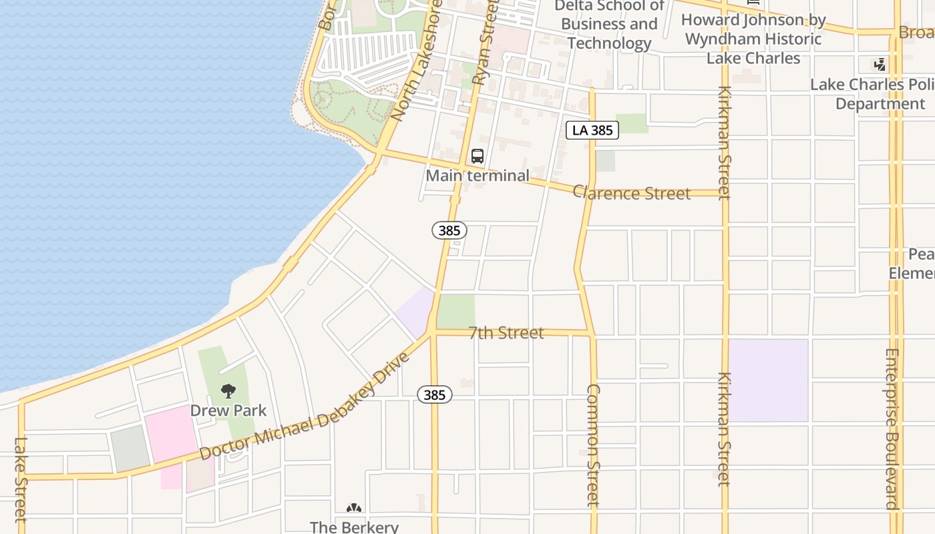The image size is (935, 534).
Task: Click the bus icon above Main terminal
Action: pyautogui.click(x=477, y=156)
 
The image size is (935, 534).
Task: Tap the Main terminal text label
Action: pyautogui.click(x=478, y=176)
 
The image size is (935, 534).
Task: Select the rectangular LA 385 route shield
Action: pyautogui.click(x=592, y=130)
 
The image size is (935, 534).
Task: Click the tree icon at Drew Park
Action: pyautogui.click(x=228, y=390)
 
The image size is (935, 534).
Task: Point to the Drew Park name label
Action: pyautogui.click(x=228, y=411)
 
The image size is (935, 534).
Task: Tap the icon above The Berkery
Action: pyautogui.click(x=354, y=509)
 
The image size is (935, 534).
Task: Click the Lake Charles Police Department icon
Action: pyautogui.click(x=880, y=65)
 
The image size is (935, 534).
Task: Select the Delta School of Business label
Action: pyautogui.click(x=609, y=25)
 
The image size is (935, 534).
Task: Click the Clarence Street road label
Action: pyautogui.click(x=631, y=193)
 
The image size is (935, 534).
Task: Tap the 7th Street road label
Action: pyautogui.click(x=506, y=332)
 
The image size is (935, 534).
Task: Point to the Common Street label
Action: pyautogui.click(x=593, y=445)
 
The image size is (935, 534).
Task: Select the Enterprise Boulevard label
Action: pyautogui.click(x=892, y=429)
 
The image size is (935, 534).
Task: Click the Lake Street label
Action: pyautogui.click(x=21, y=479)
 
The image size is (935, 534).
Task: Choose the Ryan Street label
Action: pyautogui.click(x=486, y=42)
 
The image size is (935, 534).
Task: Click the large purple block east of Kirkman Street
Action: pyautogui.click(x=768, y=380)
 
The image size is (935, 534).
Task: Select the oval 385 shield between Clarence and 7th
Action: pyautogui.click(x=449, y=230)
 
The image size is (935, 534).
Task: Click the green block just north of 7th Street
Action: pyautogui.click(x=456, y=311)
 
